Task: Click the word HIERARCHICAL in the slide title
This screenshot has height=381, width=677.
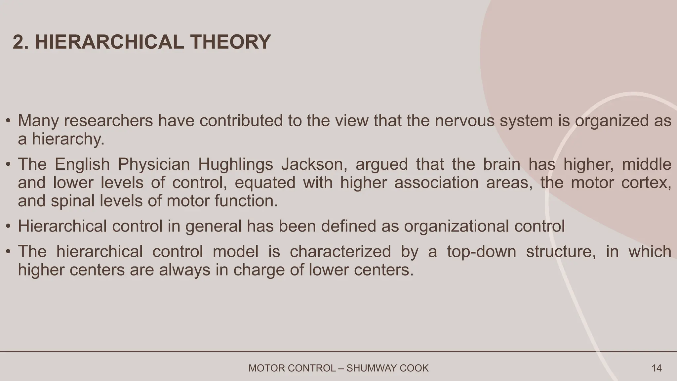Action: [x=109, y=42]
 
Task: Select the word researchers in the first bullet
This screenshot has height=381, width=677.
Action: [x=108, y=121]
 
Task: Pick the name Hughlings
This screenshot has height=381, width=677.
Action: [x=235, y=165]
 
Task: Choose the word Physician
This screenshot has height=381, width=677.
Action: [x=154, y=165]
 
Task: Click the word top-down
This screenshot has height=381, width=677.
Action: [x=482, y=252]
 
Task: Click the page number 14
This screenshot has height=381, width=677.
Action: [x=656, y=368]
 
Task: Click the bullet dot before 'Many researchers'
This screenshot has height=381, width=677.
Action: [x=8, y=121]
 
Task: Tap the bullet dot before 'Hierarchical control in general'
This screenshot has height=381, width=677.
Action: [x=8, y=227]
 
